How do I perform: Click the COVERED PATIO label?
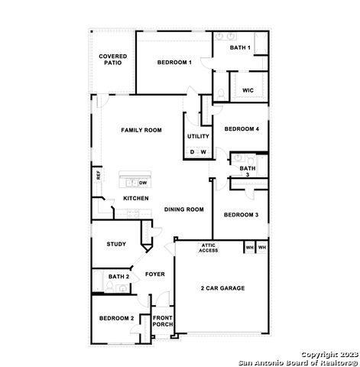pyautogui.click(x=112, y=59)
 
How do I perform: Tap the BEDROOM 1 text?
pyautogui.click(x=174, y=62)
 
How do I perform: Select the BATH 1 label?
pyautogui.click(x=241, y=47)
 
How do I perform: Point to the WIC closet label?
pyautogui.click(x=248, y=90)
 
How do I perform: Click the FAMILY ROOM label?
pyautogui.click(x=141, y=131)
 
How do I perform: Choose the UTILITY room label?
pyautogui.click(x=198, y=136)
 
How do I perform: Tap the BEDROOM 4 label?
pyautogui.click(x=242, y=129)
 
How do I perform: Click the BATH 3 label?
pyautogui.click(x=247, y=171)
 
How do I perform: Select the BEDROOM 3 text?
pyautogui.click(x=241, y=215)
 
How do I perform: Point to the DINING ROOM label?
pyautogui.click(x=184, y=209)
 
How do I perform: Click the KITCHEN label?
pyautogui.click(x=136, y=198)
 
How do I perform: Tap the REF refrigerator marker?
pyautogui.click(x=99, y=175)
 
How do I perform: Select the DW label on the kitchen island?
pyautogui.click(x=143, y=183)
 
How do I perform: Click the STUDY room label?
pyautogui.click(x=116, y=244)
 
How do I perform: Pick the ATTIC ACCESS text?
pyautogui.click(x=209, y=248)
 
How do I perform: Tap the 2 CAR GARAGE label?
pyautogui.click(x=222, y=288)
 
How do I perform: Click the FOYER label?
pyautogui.click(x=155, y=273)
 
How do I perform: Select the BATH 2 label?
pyautogui.click(x=118, y=276)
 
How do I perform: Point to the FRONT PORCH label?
pyautogui.click(x=163, y=321)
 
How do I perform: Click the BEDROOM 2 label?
pyautogui.click(x=116, y=318)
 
